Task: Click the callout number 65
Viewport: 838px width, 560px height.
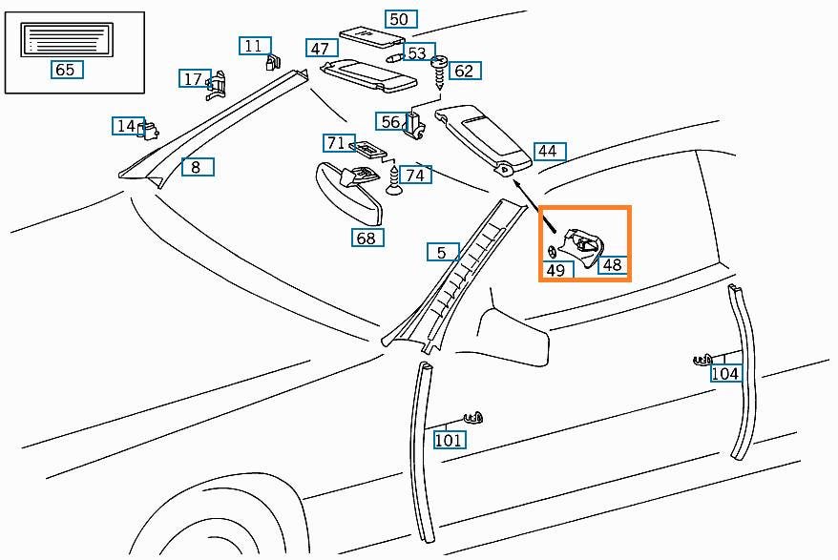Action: (64, 70)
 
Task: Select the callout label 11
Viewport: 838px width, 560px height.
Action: (253, 46)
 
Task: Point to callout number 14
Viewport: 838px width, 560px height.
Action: (126, 126)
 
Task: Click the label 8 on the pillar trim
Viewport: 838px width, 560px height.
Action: (196, 167)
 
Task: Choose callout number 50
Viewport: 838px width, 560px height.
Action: (399, 19)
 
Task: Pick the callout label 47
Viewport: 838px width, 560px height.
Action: (320, 49)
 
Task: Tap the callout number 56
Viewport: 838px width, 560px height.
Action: (391, 122)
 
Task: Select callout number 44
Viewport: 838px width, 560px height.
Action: (547, 151)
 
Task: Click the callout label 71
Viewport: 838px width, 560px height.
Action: (336, 143)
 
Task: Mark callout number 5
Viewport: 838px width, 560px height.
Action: (442, 253)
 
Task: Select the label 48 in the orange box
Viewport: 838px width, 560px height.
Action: (612, 265)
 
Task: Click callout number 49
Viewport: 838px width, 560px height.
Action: (555, 270)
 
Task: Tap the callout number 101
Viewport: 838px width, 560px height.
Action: (449, 440)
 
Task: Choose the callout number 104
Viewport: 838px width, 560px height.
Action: (725, 374)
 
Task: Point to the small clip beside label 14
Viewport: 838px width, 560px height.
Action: (150, 128)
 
